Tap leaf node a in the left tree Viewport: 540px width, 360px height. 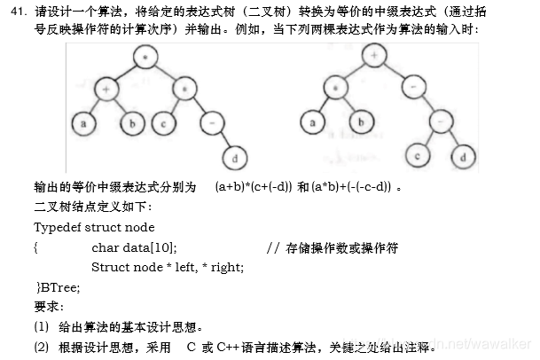(x=82, y=123)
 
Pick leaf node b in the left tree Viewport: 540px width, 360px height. (x=132, y=123)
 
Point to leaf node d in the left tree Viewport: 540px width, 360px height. (x=235, y=159)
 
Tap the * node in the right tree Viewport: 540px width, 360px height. (x=336, y=89)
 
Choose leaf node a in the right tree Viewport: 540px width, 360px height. (x=311, y=122)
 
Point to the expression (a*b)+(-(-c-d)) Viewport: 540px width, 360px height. (x=351, y=188)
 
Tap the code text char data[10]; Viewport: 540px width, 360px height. (x=134, y=247)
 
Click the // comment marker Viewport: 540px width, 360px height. (x=273, y=247)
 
